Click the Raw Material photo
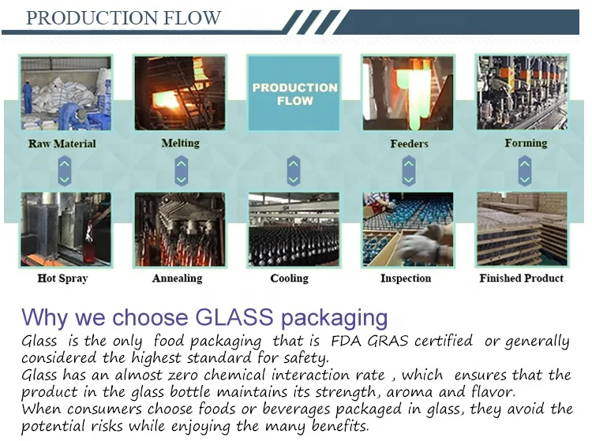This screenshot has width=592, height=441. [66, 93]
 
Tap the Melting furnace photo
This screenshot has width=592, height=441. [180, 93]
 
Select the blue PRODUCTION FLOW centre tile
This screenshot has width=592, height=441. [294, 93]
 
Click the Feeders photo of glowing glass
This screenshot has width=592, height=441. [408, 93]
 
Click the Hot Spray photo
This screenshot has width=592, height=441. [66, 230]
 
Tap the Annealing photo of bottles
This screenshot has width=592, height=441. [180, 230]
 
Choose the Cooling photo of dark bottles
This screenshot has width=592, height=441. [294, 230]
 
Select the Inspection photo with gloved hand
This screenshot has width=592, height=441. [408, 230]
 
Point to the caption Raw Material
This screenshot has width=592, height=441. [62, 144]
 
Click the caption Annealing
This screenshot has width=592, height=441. [177, 278]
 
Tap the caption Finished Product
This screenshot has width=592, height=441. [522, 278]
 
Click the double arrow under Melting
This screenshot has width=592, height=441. [181, 170]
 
